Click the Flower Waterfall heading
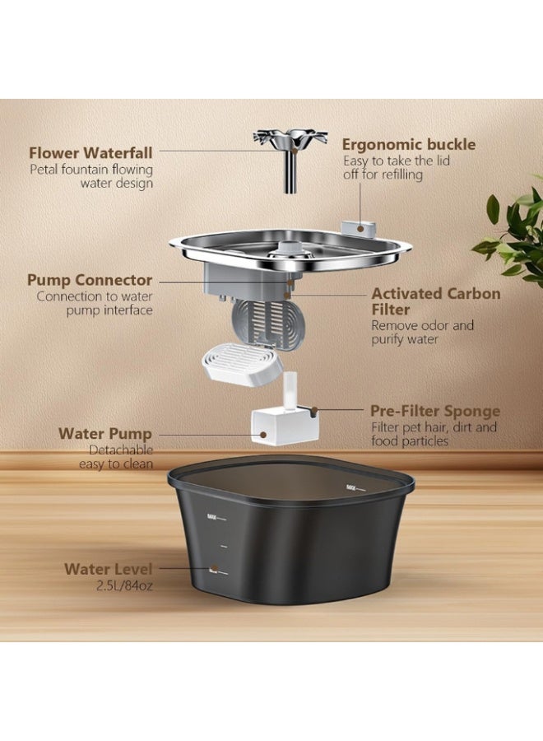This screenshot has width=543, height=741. tap(90, 152)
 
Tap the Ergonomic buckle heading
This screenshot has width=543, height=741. tap(409, 145)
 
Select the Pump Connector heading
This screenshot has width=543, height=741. tap(90, 280)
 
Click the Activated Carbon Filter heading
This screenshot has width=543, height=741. tap(435, 301)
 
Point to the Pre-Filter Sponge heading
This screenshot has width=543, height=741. tap(435, 411)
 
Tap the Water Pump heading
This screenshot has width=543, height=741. tap(104, 433)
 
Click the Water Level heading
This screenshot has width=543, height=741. tap(109, 568)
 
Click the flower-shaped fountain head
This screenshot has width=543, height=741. tap(290, 138)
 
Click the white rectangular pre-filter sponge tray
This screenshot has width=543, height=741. tap(241, 361)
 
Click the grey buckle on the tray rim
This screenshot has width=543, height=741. tap(360, 227)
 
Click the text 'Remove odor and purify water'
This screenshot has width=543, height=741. tap(422, 332)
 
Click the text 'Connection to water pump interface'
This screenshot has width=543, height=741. tap(95, 303)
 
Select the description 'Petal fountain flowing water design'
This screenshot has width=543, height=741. tap(91, 176)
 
